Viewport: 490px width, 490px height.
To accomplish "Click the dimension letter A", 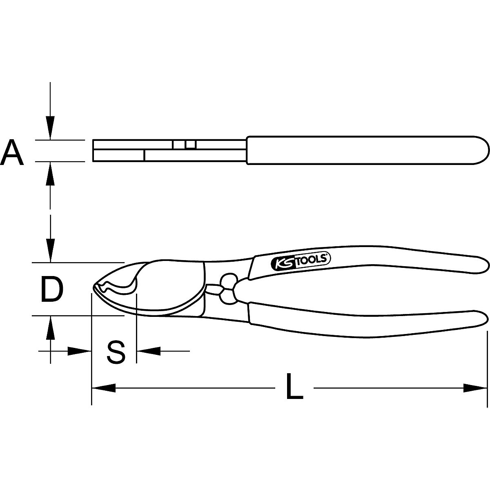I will (x=12, y=151).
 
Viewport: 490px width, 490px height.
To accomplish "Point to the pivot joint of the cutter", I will (x=228, y=289).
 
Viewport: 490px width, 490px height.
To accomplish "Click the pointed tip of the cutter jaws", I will (x=94, y=288).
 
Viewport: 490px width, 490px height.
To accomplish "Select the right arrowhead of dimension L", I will (x=475, y=388).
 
